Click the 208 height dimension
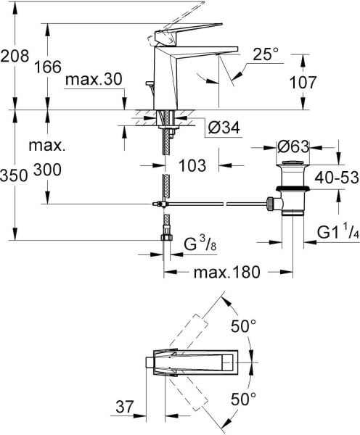pos(14,55)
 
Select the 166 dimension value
pos(49,68)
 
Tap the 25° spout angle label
pos(266,54)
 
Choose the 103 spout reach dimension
pos(192,165)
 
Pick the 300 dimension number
pos(48,170)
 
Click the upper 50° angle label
pos(244,326)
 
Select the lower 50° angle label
pos(244,398)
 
